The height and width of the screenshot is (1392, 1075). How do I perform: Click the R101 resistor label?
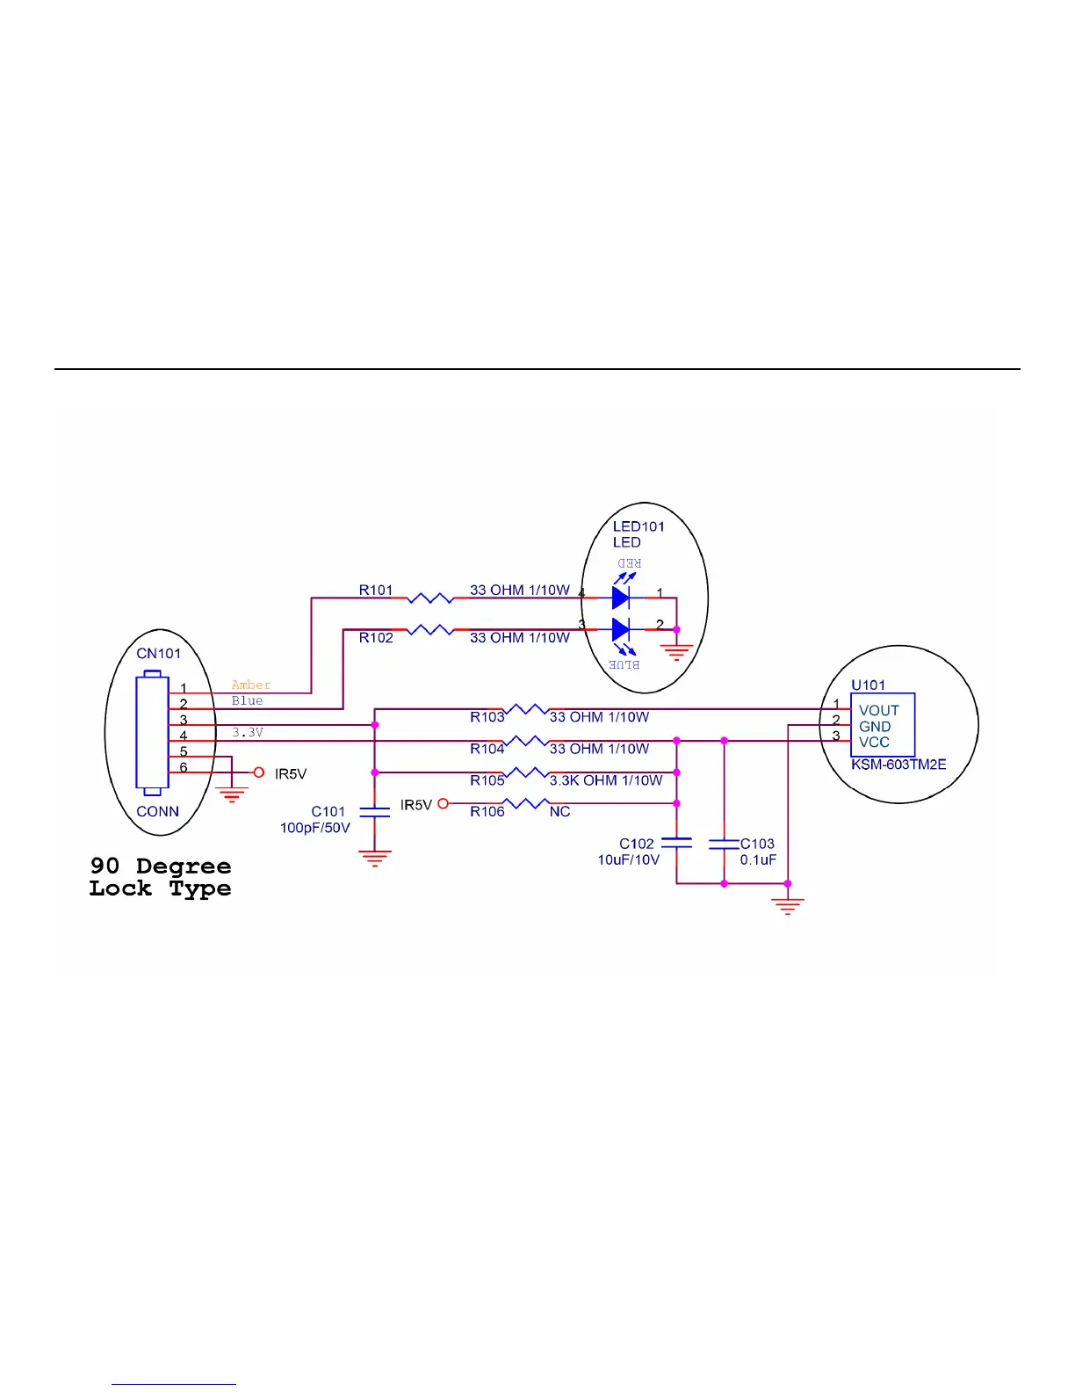tap(376, 591)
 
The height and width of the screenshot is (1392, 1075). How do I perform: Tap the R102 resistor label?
tap(376, 638)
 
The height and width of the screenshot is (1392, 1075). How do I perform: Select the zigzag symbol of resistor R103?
tap(527, 709)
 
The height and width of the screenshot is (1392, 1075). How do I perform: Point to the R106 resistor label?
tap(487, 812)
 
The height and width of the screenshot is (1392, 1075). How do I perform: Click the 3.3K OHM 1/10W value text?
tap(606, 780)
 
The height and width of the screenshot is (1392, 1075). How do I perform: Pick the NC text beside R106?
tap(560, 812)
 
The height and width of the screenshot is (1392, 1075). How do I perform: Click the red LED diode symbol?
tap(621, 598)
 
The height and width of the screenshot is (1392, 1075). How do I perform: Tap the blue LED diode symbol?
tap(621, 629)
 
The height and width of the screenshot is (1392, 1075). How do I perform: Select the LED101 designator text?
tap(639, 526)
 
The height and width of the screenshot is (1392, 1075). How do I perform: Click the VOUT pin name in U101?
tap(878, 710)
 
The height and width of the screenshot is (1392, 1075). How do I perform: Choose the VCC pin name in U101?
tap(874, 743)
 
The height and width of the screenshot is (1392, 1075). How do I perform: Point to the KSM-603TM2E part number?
tap(898, 765)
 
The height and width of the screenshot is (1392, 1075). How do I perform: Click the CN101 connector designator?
tap(158, 654)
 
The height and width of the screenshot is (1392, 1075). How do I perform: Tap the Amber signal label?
tap(251, 685)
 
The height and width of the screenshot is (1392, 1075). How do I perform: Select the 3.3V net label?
tap(248, 732)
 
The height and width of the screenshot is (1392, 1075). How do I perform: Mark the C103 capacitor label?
tap(757, 844)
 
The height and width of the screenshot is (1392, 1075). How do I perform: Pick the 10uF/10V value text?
tap(629, 860)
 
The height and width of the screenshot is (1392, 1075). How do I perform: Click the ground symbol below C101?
tap(375, 859)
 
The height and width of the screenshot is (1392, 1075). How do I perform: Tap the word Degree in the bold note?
tap(184, 866)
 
